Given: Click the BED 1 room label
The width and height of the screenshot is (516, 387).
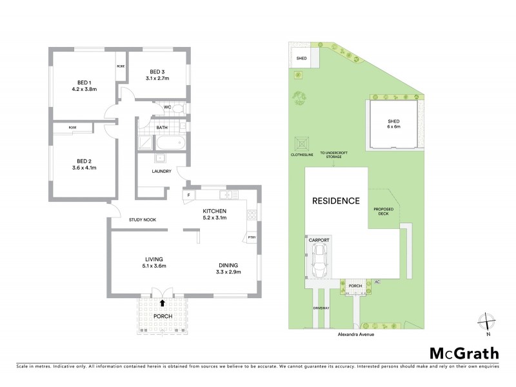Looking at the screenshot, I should [x=83, y=82].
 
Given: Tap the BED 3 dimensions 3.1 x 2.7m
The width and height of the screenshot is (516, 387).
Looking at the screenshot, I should [x=158, y=78].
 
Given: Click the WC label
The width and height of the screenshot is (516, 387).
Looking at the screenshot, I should [x=166, y=107].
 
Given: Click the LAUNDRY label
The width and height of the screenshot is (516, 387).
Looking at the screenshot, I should [x=161, y=172].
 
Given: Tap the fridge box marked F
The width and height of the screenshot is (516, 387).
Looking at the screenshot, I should [x=189, y=194].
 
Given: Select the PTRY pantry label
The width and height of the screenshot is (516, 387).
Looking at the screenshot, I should [x=251, y=237].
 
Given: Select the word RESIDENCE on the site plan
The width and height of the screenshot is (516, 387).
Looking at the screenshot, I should [x=336, y=201].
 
